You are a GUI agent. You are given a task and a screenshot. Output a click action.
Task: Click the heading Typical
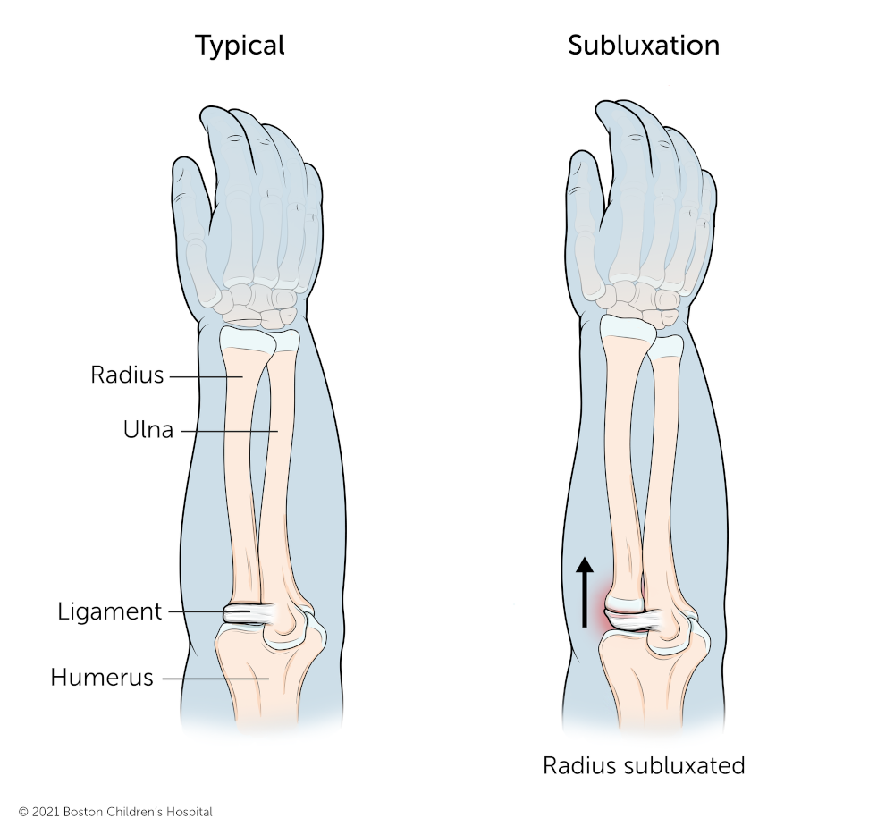(240, 46)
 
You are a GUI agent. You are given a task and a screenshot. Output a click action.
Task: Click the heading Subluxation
(644, 46)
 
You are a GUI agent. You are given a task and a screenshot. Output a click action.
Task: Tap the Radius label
(128, 375)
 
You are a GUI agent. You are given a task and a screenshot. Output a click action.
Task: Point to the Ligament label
(110, 612)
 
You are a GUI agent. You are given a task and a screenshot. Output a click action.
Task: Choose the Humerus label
(102, 678)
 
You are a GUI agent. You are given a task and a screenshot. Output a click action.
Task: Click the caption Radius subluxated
(645, 766)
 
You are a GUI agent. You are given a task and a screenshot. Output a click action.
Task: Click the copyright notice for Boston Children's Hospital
(115, 812)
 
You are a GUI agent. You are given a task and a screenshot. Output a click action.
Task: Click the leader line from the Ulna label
(228, 431)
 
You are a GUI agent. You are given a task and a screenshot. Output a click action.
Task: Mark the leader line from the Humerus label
(215, 679)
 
